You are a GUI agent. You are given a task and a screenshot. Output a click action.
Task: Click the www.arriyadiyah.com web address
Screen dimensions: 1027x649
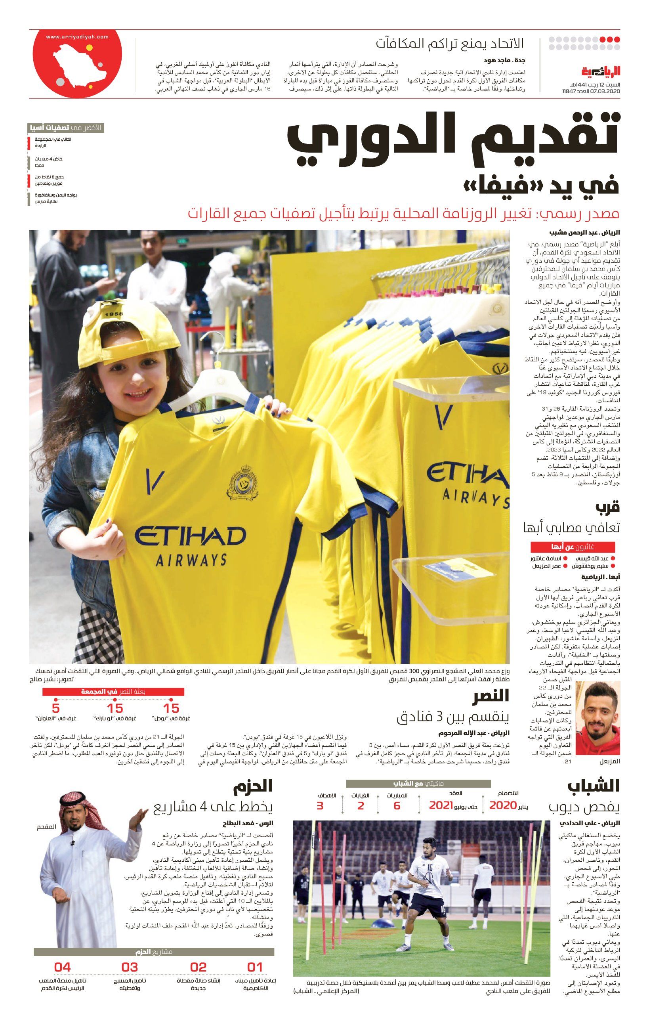pos(77,37)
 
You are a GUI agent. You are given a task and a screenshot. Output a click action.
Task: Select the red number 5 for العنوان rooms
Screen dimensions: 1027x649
pos(55,708)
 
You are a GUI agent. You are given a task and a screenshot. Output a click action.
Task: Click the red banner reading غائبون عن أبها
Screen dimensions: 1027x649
pos(572,547)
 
